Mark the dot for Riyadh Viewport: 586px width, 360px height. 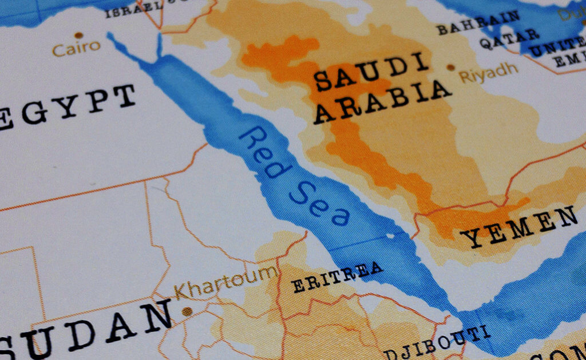click(450, 68)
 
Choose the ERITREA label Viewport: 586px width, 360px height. click(337, 277)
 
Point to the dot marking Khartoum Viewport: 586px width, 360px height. click(187, 311)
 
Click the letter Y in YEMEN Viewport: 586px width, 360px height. click(471, 239)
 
